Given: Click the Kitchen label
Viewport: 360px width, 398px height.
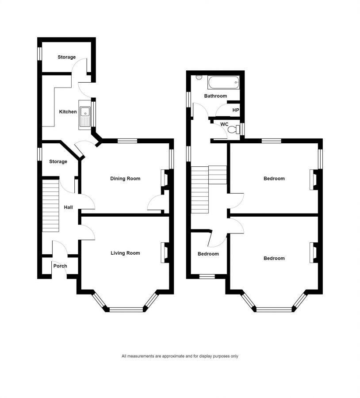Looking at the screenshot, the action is click(x=68, y=112).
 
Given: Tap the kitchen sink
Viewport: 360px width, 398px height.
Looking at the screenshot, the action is click(x=85, y=115).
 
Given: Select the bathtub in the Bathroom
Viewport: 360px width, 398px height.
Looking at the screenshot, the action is click(x=223, y=83).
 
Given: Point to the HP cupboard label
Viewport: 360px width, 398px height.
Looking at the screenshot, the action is click(x=236, y=110).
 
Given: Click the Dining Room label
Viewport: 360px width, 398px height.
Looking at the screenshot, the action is click(x=125, y=179).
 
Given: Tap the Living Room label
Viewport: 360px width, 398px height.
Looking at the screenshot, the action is click(x=125, y=253).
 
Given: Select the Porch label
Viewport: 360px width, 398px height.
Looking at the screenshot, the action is click(x=60, y=266).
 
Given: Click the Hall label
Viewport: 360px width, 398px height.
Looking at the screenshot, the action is click(x=68, y=207).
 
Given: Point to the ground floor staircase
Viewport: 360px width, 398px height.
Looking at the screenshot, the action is click(x=50, y=206).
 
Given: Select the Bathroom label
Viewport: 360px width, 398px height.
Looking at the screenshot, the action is click(x=215, y=96).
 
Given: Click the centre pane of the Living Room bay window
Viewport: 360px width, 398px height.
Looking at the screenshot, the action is click(x=126, y=310).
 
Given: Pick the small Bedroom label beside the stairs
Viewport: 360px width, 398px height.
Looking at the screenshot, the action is click(x=208, y=254).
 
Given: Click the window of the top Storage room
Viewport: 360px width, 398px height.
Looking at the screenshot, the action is click(x=40, y=54).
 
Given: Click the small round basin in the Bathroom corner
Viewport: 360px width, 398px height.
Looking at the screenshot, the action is click(x=199, y=77).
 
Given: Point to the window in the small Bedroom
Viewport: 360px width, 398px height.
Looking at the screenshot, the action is click(x=207, y=276).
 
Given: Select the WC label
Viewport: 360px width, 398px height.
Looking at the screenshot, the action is click(x=224, y=124).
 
